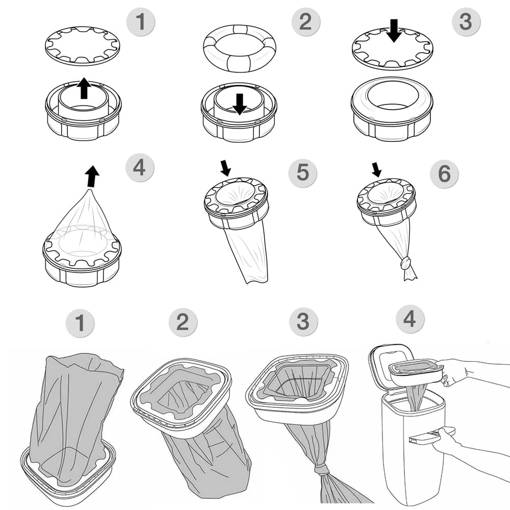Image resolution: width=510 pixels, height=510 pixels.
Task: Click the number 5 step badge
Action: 302,172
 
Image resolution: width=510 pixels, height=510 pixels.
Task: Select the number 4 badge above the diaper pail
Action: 410,319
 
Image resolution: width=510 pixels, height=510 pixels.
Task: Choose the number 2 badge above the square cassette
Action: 183,322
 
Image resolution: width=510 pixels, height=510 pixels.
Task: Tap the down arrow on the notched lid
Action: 393,31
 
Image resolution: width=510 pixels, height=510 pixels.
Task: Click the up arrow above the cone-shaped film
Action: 92,176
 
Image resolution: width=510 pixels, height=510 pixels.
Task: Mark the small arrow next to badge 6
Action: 376,169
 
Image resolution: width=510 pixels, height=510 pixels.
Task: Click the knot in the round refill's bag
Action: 406,263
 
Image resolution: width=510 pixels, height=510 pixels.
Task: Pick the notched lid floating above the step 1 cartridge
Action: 82,46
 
